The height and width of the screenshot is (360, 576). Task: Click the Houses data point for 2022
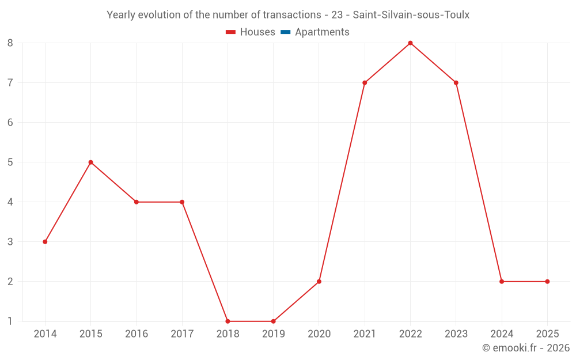410,43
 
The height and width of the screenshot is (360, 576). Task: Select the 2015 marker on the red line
90,162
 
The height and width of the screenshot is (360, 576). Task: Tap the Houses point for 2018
228,321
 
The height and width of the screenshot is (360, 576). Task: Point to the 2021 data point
365,83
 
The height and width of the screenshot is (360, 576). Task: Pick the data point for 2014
45,242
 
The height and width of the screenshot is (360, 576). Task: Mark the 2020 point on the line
319,282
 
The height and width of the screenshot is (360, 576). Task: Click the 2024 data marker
502,282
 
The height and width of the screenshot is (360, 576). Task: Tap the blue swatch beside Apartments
286,32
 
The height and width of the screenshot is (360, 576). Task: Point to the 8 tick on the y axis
10,43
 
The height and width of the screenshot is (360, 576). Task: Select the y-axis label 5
10,162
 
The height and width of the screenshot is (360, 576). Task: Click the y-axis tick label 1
10,321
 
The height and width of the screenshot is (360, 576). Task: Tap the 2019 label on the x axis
274,334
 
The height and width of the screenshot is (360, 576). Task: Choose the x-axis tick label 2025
547,334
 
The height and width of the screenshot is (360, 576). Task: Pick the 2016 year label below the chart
137,334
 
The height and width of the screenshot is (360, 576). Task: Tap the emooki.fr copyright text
526,348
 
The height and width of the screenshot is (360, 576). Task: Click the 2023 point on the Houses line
456,83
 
